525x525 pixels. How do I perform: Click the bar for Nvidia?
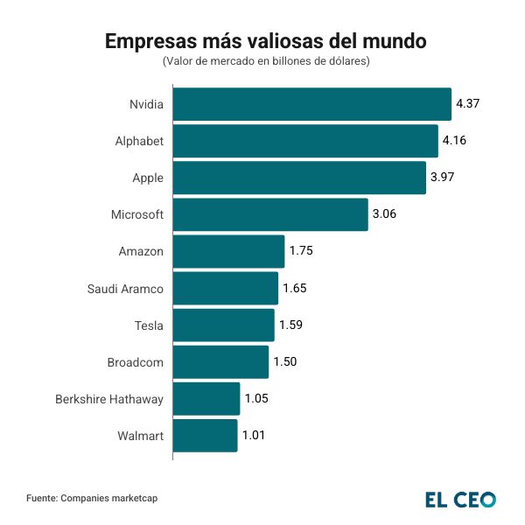311,104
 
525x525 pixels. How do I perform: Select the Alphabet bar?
305,141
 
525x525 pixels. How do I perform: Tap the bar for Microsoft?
270,214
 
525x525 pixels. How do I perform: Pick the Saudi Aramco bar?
226,288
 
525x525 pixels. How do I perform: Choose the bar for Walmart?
205,435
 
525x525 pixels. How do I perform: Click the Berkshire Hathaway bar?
206,398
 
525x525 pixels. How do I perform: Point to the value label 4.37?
468,104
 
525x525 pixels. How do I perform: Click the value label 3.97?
443,178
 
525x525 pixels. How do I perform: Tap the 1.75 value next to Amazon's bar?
301,251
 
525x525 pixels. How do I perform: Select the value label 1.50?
285,361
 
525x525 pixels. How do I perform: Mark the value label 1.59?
290,325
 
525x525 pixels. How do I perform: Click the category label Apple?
148,178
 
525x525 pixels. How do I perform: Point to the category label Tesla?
149,325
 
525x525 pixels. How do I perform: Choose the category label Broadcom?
136,361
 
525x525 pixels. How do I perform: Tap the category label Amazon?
141,251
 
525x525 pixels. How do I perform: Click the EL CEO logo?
460,499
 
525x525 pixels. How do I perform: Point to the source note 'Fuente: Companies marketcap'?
92,498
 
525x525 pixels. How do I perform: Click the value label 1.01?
255,435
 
